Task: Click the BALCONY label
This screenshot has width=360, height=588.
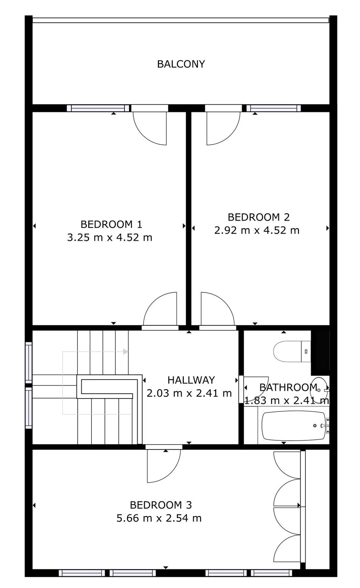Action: coord(181,64)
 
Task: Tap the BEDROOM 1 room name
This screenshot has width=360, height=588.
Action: coord(111,225)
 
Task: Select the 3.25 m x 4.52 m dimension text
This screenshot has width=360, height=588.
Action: coord(110,238)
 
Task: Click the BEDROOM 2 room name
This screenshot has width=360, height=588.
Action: coord(259,217)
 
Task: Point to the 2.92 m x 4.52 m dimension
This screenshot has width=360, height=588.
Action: coord(257,231)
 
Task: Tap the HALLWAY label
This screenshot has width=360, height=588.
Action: coord(191,380)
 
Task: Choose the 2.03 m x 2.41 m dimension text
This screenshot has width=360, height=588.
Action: coord(189,393)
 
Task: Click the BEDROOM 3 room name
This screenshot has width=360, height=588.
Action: coord(161,505)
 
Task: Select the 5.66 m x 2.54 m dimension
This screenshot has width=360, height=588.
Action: coord(159,518)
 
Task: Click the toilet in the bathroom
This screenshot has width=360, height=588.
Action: coord(292,351)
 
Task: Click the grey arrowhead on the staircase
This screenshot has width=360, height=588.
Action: coord(126,351)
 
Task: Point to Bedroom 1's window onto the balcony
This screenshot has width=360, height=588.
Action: coord(98,108)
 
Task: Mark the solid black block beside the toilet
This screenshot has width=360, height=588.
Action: coord(320,353)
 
